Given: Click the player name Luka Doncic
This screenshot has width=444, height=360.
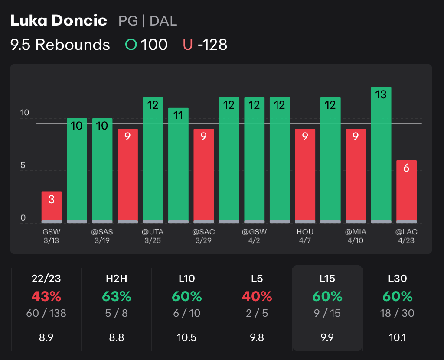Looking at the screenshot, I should (59, 20).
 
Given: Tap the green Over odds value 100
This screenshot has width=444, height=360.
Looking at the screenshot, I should (154, 45).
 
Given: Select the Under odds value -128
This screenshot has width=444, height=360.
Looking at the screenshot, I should (212, 45).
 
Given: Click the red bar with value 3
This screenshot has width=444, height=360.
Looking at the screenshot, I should (52, 207).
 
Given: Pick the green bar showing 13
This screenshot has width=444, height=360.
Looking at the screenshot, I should (381, 155).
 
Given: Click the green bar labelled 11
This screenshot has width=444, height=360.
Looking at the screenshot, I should (178, 165).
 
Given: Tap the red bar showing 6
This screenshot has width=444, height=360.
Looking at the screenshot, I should (406, 191).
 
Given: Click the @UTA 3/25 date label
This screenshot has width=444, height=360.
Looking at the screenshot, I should (153, 236).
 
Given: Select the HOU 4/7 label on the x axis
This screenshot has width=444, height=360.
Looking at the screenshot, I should (305, 236).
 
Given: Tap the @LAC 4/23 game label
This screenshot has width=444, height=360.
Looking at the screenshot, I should (406, 236).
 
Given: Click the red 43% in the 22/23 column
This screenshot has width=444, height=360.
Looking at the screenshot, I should (46, 297).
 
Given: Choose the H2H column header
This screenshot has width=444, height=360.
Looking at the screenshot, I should (117, 279).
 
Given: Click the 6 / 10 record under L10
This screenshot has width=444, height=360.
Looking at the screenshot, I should (187, 313).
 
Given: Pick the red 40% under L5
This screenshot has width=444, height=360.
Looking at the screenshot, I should (257, 297).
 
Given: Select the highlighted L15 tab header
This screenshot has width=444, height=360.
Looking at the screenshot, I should (327, 279).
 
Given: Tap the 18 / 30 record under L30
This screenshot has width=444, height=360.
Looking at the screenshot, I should (398, 313).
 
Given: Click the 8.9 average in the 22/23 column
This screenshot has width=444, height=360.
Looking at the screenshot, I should (46, 337).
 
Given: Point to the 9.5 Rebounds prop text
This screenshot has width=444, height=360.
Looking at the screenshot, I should (60, 45).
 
